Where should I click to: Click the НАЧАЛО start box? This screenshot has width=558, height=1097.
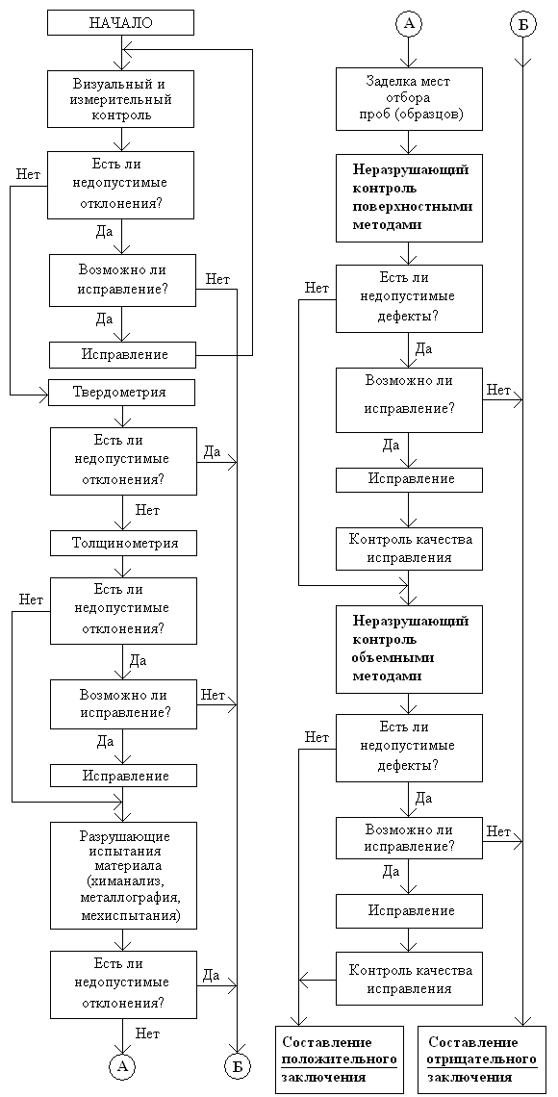(121, 22)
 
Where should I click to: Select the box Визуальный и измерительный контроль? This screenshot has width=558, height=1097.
(121, 99)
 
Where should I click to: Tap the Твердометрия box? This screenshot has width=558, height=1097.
(121, 393)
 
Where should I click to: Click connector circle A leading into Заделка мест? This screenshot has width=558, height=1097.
(408, 24)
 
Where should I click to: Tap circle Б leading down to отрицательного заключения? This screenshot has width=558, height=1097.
(522, 24)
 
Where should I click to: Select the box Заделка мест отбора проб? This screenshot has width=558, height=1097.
(409, 99)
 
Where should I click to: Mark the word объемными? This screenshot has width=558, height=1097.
(393, 658)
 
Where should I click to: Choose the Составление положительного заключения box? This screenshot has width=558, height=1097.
(340, 1059)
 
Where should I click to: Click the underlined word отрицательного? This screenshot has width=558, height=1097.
(482, 1059)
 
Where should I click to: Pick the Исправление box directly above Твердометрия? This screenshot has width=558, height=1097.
(121, 355)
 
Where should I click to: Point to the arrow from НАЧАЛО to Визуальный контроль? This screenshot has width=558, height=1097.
(121, 53)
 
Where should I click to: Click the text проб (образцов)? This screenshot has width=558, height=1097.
(408, 115)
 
